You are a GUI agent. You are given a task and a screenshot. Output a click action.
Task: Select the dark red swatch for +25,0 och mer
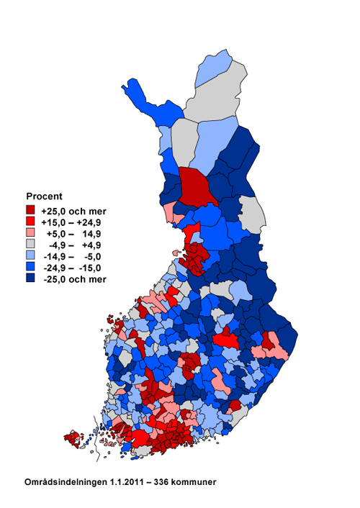click(x=30, y=211)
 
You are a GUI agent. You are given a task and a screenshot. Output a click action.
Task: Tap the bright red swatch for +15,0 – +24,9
click(x=30, y=222)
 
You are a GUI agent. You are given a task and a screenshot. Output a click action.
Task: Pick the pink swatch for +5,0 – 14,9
click(x=30, y=234)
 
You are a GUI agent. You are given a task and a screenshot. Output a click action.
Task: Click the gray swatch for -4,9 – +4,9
click(x=30, y=245)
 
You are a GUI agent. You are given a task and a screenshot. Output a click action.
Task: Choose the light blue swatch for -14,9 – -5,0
click(x=30, y=256)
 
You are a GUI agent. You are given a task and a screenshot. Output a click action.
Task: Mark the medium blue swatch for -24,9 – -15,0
click(x=30, y=268)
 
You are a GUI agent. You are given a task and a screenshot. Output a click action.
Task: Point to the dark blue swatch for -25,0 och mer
click(x=30, y=278)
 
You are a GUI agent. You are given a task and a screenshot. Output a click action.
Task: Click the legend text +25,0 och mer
click(x=73, y=211)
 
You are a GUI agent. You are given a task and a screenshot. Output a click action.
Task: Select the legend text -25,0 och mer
click(x=73, y=278)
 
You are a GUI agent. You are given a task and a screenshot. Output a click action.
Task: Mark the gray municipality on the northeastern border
click(x=251, y=213)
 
